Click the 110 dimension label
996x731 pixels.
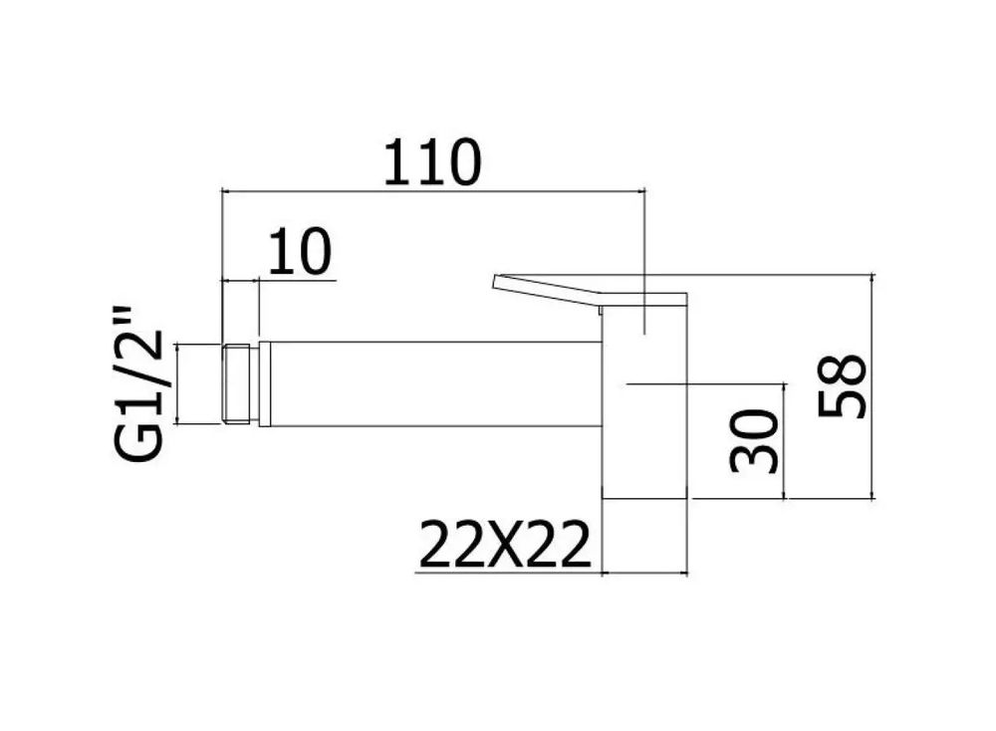click(432, 162)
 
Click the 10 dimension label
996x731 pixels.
click(300, 252)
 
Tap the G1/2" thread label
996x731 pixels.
click(138, 384)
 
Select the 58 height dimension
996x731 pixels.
click(842, 385)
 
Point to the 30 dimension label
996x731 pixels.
click(754, 441)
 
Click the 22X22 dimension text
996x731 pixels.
click(505, 544)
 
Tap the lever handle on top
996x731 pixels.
click(590, 292)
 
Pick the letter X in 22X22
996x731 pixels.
click(505, 544)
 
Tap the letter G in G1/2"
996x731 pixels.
click(138, 441)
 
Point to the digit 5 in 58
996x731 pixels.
click(842, 402)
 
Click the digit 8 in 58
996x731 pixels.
click(842, 368)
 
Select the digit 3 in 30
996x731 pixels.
click(754, 458)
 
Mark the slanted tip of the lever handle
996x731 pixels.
click(495, 283)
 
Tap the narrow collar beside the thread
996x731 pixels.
click(265, 383)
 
